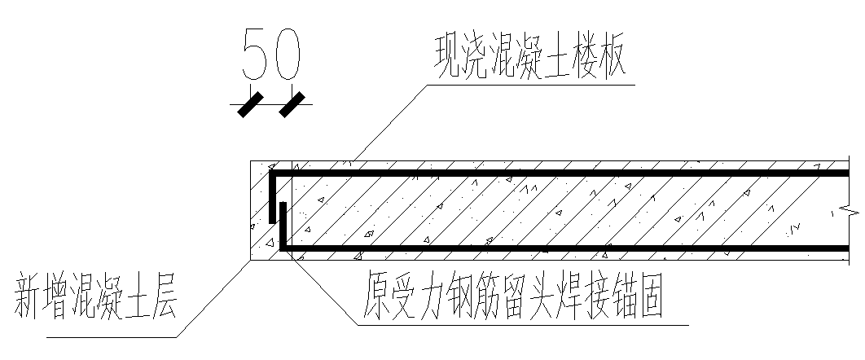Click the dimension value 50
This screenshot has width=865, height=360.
(272, 55)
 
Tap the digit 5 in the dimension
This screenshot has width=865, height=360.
(255, 55)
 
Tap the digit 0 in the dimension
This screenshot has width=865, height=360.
(288, 55)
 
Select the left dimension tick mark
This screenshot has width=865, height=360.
(250, 103)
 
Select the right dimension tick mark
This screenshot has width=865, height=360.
(292, 103)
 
